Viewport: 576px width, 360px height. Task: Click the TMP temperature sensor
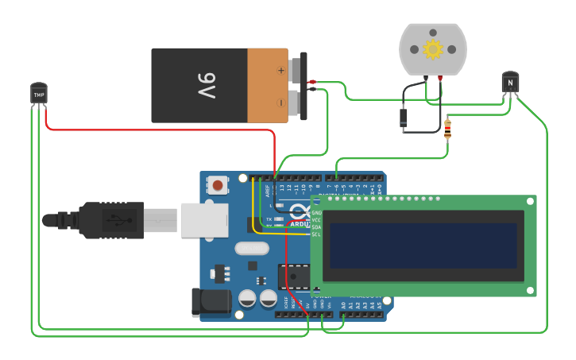[x=38, y=93]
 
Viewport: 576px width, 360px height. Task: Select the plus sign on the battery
[x=280, y=70]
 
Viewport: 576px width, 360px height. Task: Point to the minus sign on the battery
[x=280, y=103]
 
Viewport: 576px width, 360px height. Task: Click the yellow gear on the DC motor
[x=432, y=50]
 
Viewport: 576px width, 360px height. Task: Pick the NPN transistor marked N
[x=511, y=82]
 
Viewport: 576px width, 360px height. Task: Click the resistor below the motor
[x=447, y=128]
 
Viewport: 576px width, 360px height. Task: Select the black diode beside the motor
[x=404, y=118]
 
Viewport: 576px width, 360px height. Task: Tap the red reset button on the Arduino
[x=217, y=186]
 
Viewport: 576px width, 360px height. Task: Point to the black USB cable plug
[x=111, y=219]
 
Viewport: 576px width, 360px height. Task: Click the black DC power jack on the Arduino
[x=209, y=303]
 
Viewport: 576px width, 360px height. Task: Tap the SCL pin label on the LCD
[x=315, y=234]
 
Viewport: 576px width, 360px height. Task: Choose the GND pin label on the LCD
[x=316, y=213]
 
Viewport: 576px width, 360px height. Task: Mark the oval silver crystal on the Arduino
[x=252, y=248]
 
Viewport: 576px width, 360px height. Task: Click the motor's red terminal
[x=440, y=78]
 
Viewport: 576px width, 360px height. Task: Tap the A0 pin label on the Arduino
[x=343, y=305]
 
